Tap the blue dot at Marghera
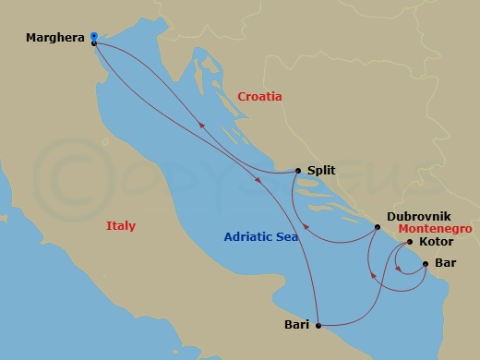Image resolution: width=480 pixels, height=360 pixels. [94, 36]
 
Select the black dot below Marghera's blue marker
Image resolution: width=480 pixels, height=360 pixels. [94, 43]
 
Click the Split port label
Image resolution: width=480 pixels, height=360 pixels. [321, 171]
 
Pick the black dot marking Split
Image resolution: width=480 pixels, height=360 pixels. [297, 170]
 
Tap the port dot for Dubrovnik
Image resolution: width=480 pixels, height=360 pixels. [377, 226]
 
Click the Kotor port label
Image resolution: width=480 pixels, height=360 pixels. [435, 243]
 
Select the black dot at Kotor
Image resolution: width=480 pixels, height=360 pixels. [410, 243]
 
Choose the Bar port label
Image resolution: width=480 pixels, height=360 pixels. [445, 264]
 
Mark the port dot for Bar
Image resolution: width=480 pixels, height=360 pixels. [425, 264]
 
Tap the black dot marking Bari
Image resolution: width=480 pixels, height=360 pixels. [318, 325]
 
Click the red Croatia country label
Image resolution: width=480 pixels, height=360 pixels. [259, 97]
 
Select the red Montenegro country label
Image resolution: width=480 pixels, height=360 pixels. [437, 228]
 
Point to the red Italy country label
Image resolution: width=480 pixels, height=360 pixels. [120, 226]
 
